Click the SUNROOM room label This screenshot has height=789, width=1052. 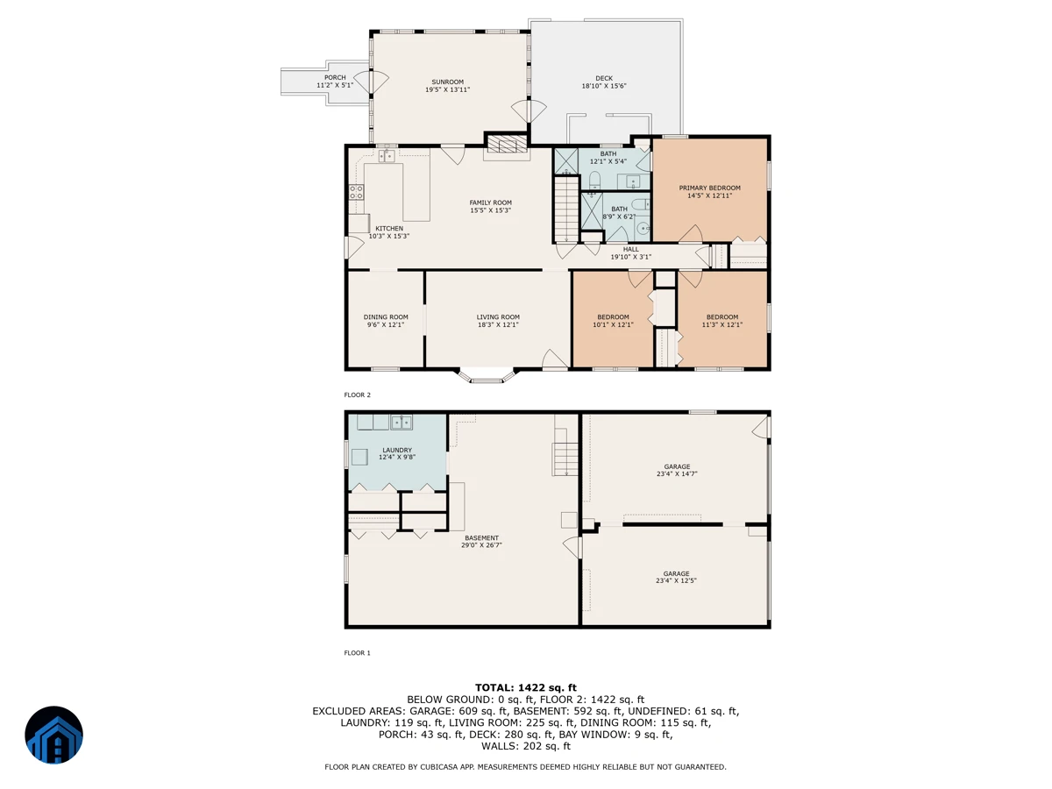point(447,82)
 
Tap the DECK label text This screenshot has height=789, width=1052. point(604,78)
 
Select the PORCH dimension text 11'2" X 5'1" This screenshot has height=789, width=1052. point(335,85)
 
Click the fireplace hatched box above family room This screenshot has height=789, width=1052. point(507,143)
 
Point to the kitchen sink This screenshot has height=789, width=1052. point(387,156)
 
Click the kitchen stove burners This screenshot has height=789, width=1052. point(356,192)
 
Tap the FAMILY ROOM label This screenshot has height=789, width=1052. point(490,203)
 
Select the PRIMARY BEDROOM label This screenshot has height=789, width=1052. point(709,188)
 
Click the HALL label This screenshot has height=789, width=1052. point(630,249)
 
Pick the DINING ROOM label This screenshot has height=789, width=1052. point(386,317)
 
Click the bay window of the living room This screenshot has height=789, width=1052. point(486,375)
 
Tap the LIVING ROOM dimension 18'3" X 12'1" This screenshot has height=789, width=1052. point(498,324)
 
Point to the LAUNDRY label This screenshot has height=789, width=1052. point(397,451)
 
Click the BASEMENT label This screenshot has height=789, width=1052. point(481,538)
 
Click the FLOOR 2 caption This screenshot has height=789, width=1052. point(357,394)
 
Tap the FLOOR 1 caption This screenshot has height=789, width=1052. point(357,652)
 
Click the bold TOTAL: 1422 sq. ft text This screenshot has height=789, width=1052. point(525,688)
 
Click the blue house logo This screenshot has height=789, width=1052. point(53,735)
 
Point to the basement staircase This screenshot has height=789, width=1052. point(565,458)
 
